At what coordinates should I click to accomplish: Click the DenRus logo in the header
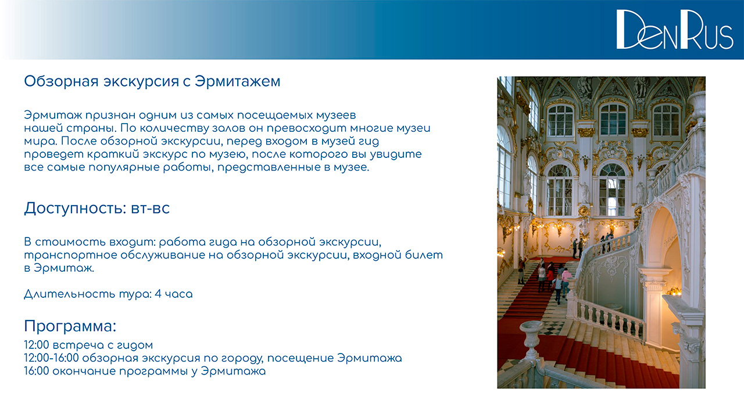click(x=675, y=30)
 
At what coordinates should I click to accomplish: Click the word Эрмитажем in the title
click(x=238, y=82)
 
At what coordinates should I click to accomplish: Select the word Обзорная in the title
click(x=61, y=82)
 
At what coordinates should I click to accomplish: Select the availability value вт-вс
click(x=151, y=208)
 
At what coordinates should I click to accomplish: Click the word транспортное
click(x=71, y=255)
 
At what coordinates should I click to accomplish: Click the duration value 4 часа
click(x=174, y=294)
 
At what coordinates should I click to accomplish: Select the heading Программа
click(x=70, y=326)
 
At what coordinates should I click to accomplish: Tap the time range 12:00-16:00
click(x=52, y=358)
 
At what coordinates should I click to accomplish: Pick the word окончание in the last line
click(x=84, y=371)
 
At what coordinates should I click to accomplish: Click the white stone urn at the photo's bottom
click(x=531, y=340)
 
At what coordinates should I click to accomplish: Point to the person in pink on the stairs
click(x=566, y=280)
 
